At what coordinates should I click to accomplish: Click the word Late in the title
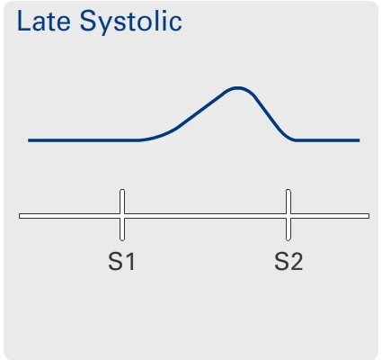click(x=44, y=21)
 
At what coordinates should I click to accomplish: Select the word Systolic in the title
click(x=131, y=22)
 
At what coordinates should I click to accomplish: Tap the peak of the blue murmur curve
click(x=237, y=88)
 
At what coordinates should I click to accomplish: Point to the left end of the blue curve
click(x=29, y=140)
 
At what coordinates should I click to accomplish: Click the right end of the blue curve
click(x=360, y=140)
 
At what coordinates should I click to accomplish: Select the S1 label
click(x=121, y=262)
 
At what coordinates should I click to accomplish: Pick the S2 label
click(x=289, y=262)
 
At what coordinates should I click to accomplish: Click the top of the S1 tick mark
click(x=122, y=190)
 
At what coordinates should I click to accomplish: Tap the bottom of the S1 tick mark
click(x=122, y=239)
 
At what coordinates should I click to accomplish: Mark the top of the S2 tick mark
click(x=289, y=190)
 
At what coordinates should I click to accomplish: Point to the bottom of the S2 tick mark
click(x=289, y=239)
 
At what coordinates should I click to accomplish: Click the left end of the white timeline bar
click(x=20, y=216)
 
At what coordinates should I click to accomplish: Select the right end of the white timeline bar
click(x=369, y=216)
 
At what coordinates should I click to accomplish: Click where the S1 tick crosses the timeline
click(x=122, y=216)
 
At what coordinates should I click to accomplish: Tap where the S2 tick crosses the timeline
click(x=289, y=216)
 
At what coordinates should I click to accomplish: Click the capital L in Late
click(x=23, y=21)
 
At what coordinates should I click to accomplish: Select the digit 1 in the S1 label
click(x=130, y=262)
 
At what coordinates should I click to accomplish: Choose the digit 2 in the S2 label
click(x=297, y=262)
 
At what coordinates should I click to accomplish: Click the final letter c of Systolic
click(x=176, y=23)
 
